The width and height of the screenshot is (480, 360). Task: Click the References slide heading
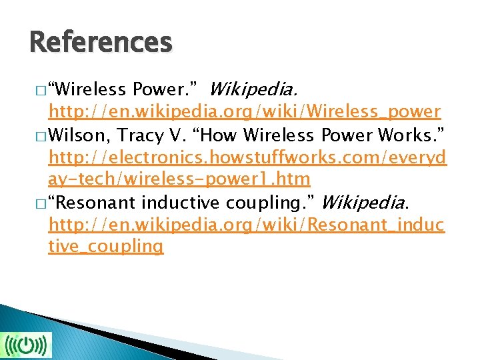(101, 43)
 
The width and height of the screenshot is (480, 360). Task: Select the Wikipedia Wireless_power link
(244, 111)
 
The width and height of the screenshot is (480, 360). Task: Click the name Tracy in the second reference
(139, 136)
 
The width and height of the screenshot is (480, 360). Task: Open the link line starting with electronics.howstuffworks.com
(247, 158)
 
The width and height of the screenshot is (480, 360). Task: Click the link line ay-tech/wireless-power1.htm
(179, 179)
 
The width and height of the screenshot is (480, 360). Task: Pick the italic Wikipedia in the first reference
(254, 89)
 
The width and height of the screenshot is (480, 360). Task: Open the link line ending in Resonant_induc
(246, 224)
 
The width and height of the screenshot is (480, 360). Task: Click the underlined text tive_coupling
(105, 245)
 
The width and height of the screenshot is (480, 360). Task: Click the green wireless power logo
(26, 345)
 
